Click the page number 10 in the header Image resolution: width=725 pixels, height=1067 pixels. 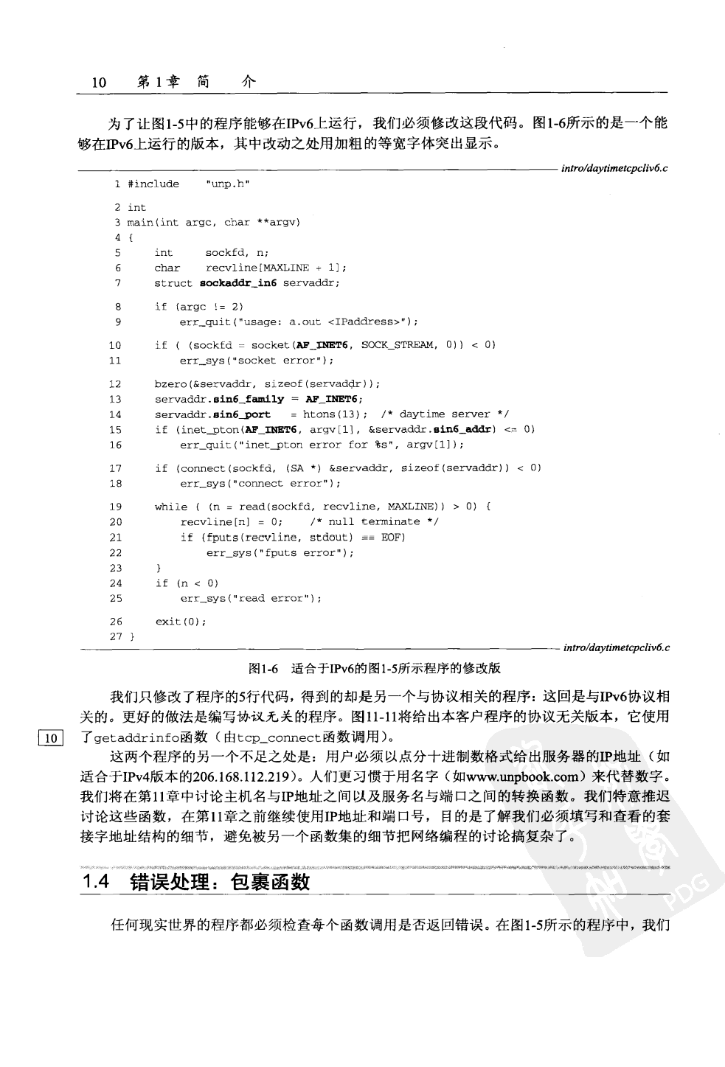tap(99, 83)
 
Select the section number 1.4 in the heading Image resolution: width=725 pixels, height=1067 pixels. tap(96, 882)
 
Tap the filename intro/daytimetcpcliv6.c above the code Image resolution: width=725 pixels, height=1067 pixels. tap(614, 168)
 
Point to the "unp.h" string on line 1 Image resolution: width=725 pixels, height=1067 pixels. tap(227, 184)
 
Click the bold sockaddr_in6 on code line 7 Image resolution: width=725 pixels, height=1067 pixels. tap(238, 283)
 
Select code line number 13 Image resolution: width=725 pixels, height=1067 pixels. tap(114, 399)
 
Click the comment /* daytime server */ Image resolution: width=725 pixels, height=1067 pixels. tap(445, 414)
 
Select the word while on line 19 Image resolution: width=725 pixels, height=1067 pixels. tap(170, 507)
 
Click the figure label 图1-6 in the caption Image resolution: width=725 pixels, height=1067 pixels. tap(263, 669)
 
